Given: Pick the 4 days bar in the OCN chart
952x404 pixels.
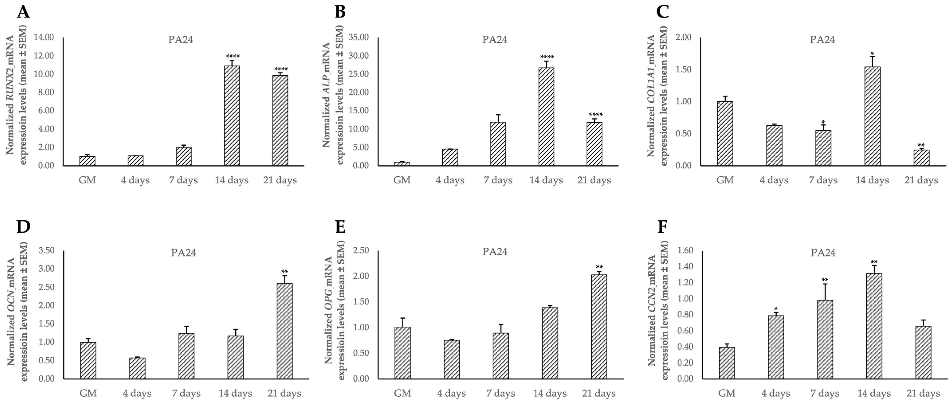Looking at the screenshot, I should click(x=137, y=368).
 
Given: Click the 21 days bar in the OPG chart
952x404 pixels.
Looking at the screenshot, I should click(x=599, y=327).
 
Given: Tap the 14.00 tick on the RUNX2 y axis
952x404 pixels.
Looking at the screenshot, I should click(x=44, y=37).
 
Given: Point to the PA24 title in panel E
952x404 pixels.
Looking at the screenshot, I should click(x=495, y=252).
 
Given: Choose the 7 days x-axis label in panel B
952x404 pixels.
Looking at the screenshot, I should click(x=498, y=180).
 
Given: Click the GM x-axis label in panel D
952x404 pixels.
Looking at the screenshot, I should click(x=88, y=393).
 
